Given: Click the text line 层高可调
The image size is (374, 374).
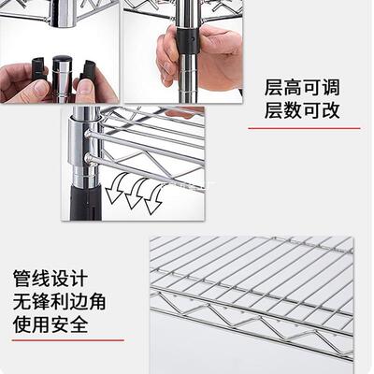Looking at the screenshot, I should [x=301, y=89].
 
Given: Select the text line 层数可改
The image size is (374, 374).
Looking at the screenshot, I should [x=301, y=113].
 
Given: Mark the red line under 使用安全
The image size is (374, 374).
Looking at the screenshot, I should [x=62, y=340].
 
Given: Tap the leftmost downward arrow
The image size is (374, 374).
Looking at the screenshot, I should [x=114, y=193].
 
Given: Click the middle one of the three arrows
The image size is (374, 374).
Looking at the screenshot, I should [x=133, y=196].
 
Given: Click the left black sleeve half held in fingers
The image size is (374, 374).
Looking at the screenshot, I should [x=39, y=69].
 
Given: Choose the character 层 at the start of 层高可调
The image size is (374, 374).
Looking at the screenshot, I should [x=273, y=89].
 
